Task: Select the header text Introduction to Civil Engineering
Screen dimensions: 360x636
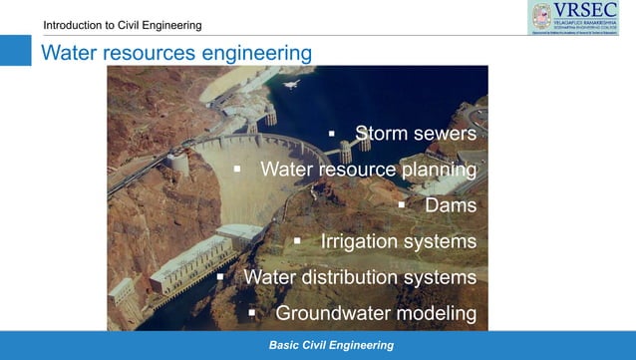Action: click(122, 24)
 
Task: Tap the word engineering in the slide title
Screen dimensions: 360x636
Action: click(254, 52)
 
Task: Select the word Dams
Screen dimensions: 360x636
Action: click(451, 205)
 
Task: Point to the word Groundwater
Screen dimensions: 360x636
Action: click(333, 313)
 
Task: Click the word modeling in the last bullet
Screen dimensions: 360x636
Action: click(437, 313)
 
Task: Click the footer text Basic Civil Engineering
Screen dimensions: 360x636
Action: click(331, 345)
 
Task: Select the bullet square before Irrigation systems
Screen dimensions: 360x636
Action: click(296, 241)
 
